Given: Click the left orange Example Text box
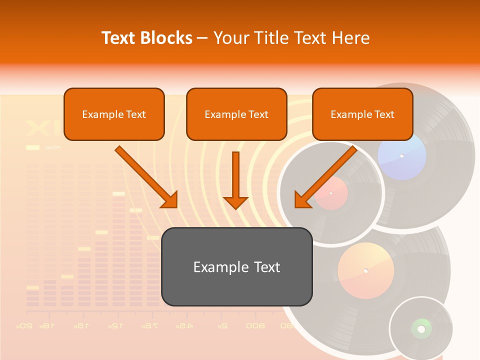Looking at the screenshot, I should (114, 114).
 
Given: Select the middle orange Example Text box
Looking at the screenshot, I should (236, 114).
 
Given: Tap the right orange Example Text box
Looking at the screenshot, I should (362, 114).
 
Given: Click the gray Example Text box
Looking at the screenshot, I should (236, 266).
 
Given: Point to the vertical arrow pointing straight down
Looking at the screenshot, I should (235, 180).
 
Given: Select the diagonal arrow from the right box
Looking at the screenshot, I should (325, 177).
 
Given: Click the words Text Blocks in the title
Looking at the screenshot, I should (147, 38).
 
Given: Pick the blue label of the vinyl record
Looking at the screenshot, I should (401, 156).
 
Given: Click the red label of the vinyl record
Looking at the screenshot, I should (331, 192).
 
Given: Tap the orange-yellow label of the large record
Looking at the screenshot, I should (365, 270).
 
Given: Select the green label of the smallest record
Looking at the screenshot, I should (421, 328).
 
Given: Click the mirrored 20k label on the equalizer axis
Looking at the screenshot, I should (24, 326).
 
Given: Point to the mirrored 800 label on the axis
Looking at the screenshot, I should (255, 326).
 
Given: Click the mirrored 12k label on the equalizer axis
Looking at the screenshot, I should (114, 326).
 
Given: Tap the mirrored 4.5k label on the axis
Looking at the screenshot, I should (183, 326).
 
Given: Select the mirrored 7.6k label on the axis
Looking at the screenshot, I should (148, 326).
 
